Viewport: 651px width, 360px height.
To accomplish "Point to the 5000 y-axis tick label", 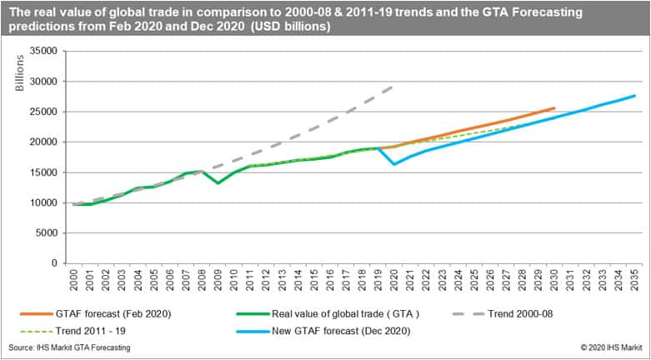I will click(x=47, y=233).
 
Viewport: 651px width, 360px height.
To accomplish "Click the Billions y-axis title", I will click(x=20, y=75).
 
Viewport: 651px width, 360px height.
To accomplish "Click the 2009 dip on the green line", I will click(x=218, y=182).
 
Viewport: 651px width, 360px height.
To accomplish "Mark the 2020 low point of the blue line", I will click(x=393, y=163).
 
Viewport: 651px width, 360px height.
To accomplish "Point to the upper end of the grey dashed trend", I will click(x=393, y=86).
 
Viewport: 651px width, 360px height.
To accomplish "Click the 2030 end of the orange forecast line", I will click(x=554, y=107).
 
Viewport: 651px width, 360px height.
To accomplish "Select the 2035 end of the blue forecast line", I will click(x=634, y=96).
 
